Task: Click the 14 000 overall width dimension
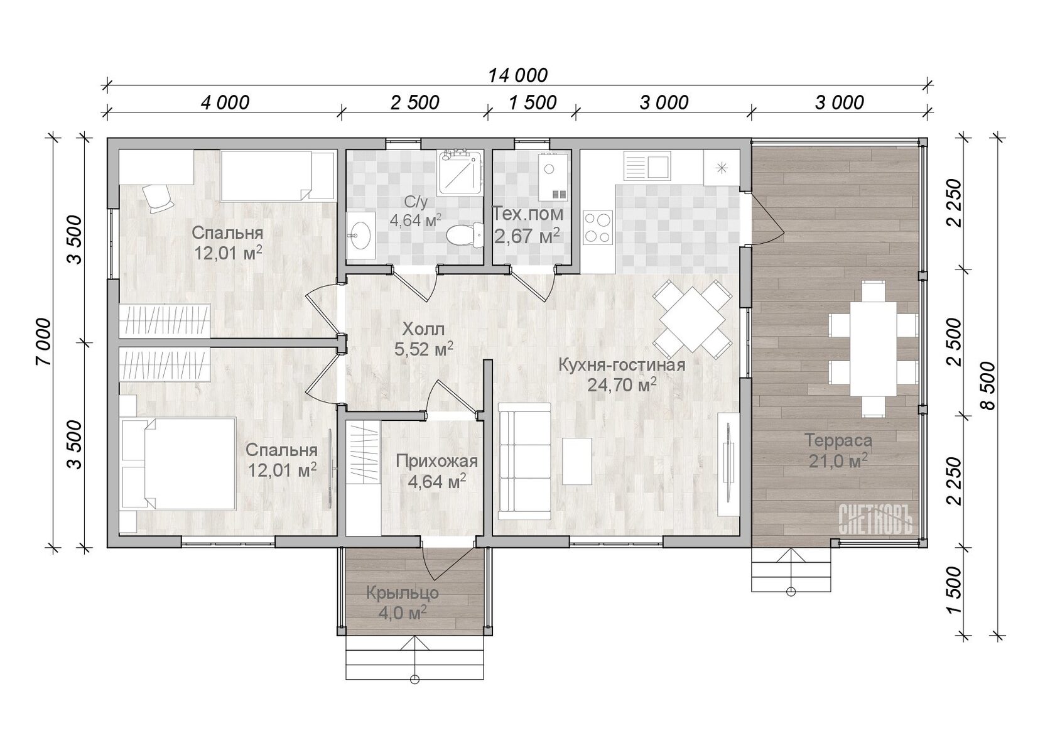pos(517,75)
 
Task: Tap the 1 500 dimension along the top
pos(533,102)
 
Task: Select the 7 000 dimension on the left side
pos(43,342)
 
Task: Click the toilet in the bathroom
pos(465,235)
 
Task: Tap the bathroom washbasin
pos(360,236)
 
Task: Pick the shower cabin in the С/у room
pos(461,173)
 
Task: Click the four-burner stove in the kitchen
pos(598,227)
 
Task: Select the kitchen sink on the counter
pos(647,165)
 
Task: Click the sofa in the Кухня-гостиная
pos(524,461)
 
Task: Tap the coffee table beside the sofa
pos(577,461)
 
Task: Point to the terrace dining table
pos(873,349)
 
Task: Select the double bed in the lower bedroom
pos(178,464)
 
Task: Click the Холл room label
pos(423,329)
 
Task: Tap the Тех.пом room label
pos(527,214)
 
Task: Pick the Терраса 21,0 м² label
pos(838,451)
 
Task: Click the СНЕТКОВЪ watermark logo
pos(875,518)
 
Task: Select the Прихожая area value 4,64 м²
pos(437,482)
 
